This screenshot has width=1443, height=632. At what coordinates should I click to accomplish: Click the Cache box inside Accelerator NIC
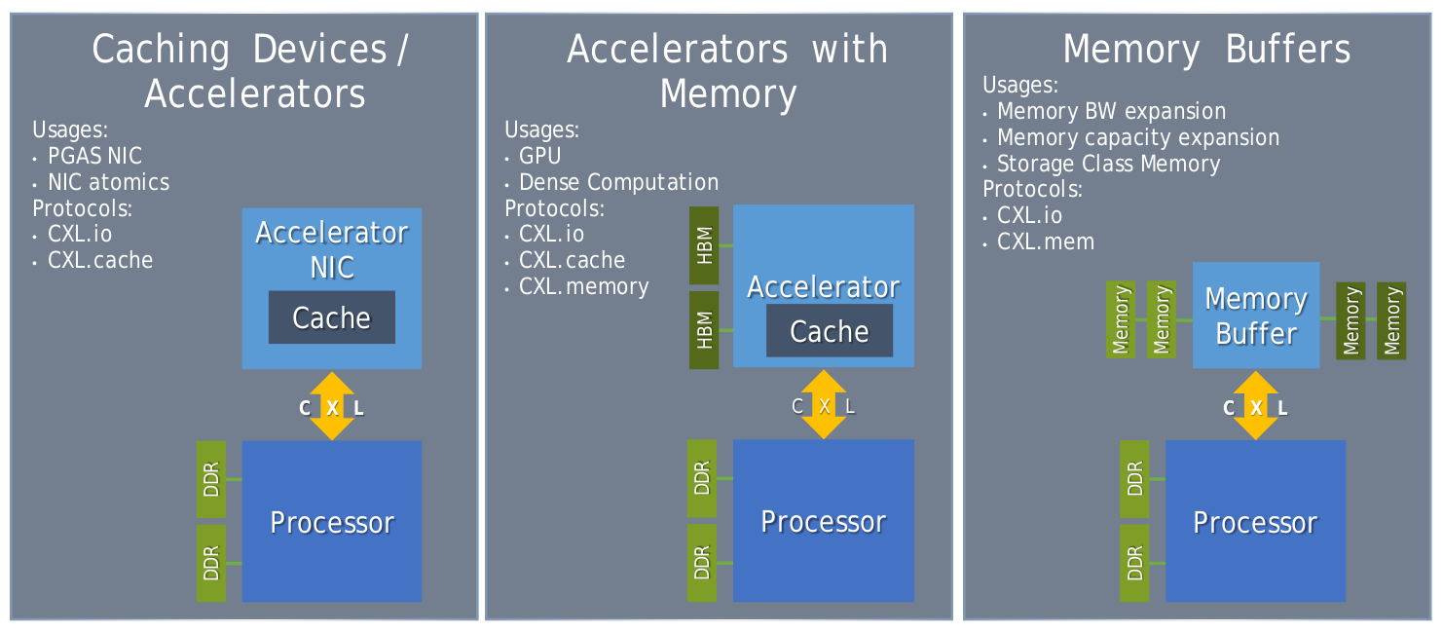pyautogui.click(x=332, y=317)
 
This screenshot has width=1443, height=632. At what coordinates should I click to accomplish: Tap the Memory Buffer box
pyautogui.click(x=1256, y=316)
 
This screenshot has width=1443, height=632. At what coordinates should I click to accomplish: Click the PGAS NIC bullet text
pyautogui.click(x=94, y=156)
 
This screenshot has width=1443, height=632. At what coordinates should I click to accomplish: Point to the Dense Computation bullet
pyautogui.click(x=618, y=182)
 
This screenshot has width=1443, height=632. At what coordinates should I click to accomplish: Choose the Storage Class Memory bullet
pyautogui.click(x=1108, y=164)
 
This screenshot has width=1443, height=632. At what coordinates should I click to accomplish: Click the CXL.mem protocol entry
pyautogui.click(x=1046, y=242)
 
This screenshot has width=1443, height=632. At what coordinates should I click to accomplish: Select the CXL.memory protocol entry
pyautogui.click(x=583, y=286)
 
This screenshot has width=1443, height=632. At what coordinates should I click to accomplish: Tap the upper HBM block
pyautogui.click(x=704, y=245)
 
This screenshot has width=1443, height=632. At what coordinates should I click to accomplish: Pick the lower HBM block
pyautogui.click(x=704, y=330)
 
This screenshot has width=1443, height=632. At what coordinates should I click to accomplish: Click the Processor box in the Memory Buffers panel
pyautogui.click(x=1255, y=521)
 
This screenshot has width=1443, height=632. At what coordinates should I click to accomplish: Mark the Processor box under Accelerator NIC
pyautogui.click(x=332, y=521)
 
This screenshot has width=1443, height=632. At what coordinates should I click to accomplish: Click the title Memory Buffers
pyautogui.click(x=1206, y=49)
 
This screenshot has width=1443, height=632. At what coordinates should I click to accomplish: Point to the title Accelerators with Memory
pyautogui.click(x=727, y=71)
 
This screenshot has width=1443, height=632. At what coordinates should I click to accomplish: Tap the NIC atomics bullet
pyautogui.click(x=108, y=182)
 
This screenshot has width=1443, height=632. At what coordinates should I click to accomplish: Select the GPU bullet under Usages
pyautogui.click(x=539, y=156)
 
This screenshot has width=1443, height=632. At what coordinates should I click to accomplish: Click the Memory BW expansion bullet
pyautogui.click(x=1111, y=111)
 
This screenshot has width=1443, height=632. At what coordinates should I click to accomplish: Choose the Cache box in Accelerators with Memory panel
pyautogui.click(x=830, y=331)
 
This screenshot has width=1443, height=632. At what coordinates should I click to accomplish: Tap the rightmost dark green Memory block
pyautogui.click(x=1391, y=320)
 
